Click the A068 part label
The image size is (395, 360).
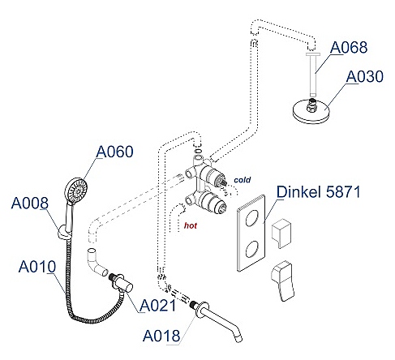point(349,47)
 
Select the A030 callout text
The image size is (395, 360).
point(365,76)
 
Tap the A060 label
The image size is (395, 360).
point(114,152)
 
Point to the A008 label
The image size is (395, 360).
point(30,203)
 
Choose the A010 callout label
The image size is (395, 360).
point(37,267)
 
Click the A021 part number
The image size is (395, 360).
point(157,306)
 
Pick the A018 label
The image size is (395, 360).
point(161,336)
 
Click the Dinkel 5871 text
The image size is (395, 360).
point(319,192)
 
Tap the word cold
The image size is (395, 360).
point(243,180)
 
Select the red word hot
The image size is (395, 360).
point(191,225)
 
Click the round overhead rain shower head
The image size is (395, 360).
point(311,111)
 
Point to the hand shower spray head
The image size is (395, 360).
point(76,191)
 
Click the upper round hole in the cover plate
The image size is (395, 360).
point(252,218)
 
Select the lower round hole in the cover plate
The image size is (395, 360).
point(252,249)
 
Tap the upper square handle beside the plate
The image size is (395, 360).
point(281,234)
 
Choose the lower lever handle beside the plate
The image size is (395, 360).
point(282,281)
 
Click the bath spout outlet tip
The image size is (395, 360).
point(239,339)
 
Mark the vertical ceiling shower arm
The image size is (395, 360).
point(313,75)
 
